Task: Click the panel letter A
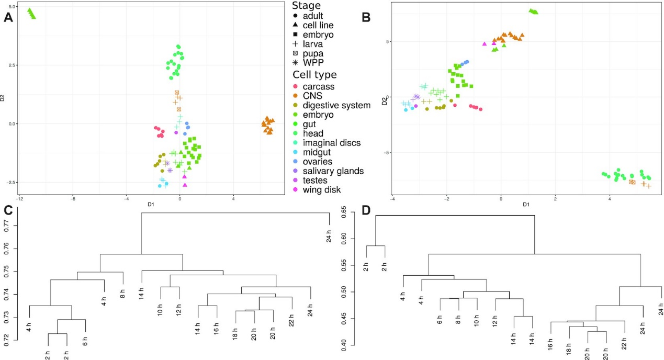pyautogui.click(x=8, y=17)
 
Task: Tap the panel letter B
pyautogui.click(x=366, y=17)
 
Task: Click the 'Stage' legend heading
pyautogui.click(x=306, y=5)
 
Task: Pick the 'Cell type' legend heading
pyautogui.click(x=314, y=75)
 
